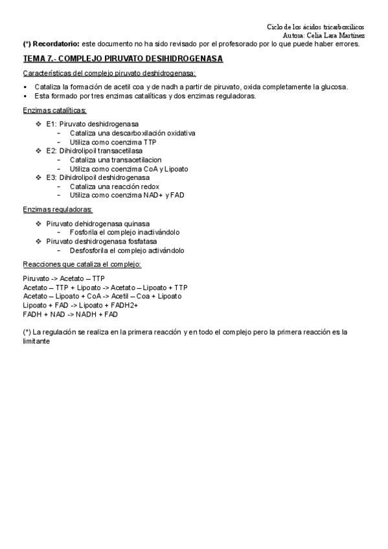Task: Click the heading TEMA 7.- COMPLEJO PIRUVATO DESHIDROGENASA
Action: point(122,58)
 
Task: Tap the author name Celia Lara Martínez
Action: point(338,36)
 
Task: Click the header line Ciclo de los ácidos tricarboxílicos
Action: point(320,27)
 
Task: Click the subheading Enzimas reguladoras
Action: point(57,210)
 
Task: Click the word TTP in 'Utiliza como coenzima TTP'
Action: point(150,142)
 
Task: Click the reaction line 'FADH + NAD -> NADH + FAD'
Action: point(70,315)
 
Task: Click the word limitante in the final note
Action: point(36,341)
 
